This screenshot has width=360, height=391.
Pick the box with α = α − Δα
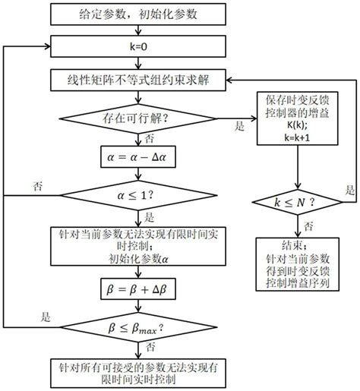(x=137, y=158)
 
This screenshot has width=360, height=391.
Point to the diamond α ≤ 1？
(x=137, y=198)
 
